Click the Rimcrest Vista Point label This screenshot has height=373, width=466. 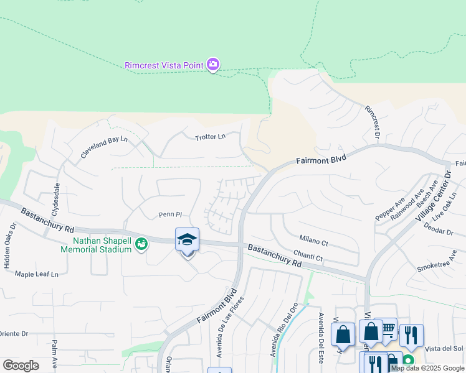coord(164,65)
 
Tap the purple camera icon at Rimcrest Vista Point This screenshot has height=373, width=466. coord(213,64)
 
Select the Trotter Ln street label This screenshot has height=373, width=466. coord(210,137)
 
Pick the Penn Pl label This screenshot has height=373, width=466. coord(169,215)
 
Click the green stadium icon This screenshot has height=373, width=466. coord(142,244)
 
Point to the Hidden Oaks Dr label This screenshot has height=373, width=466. coord(10,245)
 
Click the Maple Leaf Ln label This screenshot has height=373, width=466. coord(37,274)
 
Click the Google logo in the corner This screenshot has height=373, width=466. coord(21,365)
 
